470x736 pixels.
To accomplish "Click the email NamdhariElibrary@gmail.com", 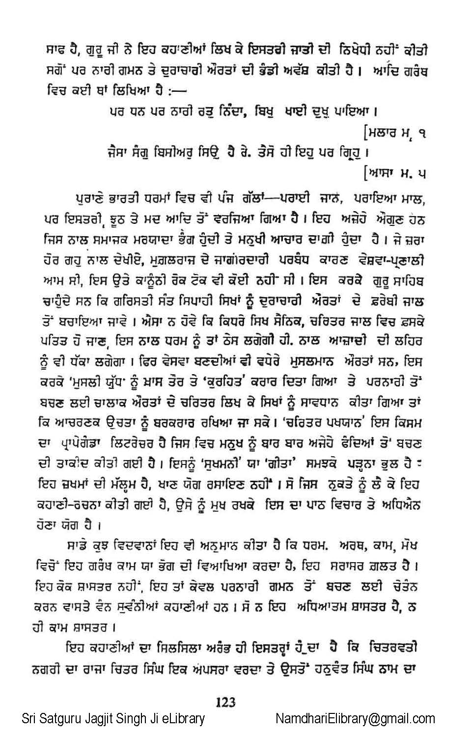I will point(355,719).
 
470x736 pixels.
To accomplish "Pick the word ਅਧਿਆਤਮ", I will point(321,606).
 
